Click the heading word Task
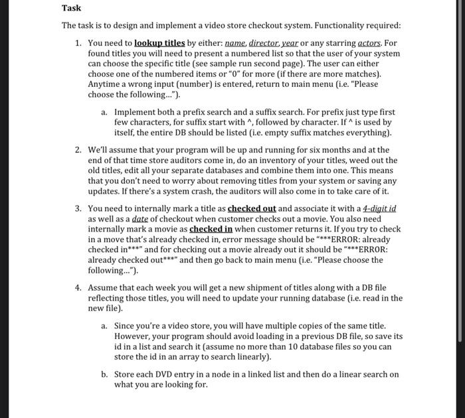tap(71, 8)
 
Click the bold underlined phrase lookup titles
tap(161, 42)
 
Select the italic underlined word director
tap(264, 42)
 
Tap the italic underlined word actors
tap(367, 42)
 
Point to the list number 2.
tap(78, 150)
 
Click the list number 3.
tap(78, 208)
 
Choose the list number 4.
tap(78, 287)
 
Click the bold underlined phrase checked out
tap(252, 208)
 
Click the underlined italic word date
tap(139, 218)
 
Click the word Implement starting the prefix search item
tap(135, 113)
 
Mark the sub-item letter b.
tap(104, 374)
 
